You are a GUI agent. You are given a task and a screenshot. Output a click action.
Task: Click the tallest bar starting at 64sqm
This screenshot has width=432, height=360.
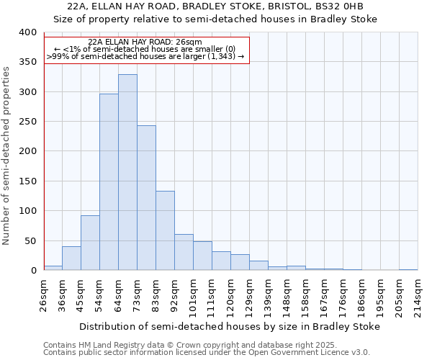coord(127,173)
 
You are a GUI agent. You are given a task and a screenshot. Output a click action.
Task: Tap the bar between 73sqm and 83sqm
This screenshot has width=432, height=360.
coord(146,198)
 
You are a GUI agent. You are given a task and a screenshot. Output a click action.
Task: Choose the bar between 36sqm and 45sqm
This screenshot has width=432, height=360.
coord(71,258)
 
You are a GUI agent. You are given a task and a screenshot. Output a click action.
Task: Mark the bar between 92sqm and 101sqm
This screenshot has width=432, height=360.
coord(184,252)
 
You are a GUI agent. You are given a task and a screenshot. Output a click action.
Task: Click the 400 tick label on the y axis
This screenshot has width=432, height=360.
coord(27,32)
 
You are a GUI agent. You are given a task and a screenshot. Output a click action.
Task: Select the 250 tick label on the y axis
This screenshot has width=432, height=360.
coord(27,122)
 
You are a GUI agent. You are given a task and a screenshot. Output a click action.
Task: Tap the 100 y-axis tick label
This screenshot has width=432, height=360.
coord(27,211)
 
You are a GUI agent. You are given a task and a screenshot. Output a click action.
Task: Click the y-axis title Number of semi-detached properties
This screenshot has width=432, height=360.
coord(7,156)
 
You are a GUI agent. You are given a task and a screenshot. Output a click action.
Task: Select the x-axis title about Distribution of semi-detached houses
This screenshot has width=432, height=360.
coord(229,326)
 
